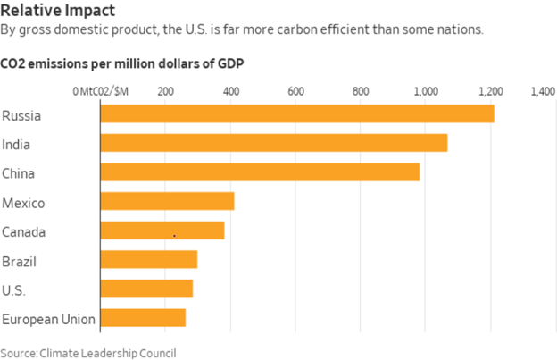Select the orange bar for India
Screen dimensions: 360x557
click(273, 143)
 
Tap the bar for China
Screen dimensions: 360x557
click(259, 172)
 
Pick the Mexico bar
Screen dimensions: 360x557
click(167, 201)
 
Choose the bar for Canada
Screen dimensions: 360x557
click(162, 230)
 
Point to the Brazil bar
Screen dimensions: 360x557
click(148, 260)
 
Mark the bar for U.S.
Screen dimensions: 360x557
click(146, 289)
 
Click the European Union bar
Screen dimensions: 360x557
click(143, 318)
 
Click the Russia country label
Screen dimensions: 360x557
click(22, 115)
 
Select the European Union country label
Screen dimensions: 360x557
click(49, 319)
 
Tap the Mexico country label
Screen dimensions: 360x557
click(24, 202)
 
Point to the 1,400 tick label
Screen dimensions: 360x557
click(543, 91)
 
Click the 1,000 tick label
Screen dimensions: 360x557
click(427, 91)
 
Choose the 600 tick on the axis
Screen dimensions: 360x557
click(296, 91)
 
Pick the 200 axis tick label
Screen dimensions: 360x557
click(165, 91)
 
